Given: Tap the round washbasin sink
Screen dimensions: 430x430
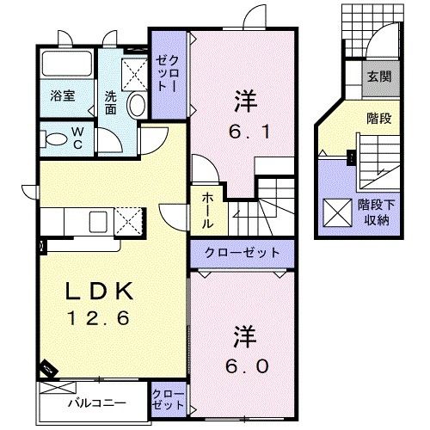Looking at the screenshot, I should point(137,105).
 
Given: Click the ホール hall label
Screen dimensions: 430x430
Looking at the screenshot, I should point(209,210).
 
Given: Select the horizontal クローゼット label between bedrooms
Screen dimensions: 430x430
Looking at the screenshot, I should point(242,253).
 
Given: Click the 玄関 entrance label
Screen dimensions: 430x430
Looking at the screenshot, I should point(379,77).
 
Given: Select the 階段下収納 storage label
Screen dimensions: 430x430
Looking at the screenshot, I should point(374,213).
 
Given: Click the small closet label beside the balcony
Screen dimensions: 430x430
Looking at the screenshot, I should point(167,399).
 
